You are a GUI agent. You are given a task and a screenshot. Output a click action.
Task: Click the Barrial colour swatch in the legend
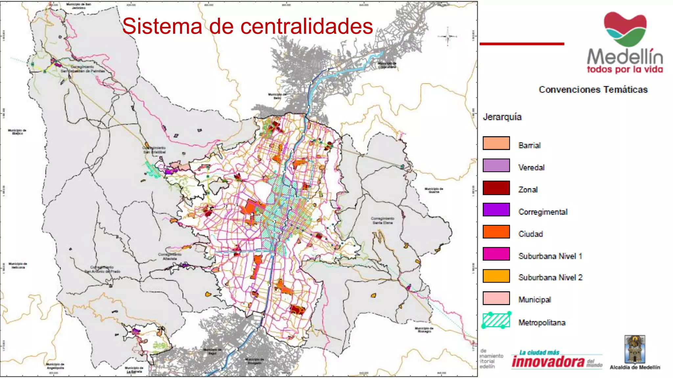coord(496,143)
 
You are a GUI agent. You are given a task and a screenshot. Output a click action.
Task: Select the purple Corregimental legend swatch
coord(496,210)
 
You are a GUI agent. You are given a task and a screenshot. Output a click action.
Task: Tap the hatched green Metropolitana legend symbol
coord(496,320)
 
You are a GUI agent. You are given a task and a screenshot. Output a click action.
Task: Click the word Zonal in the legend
coord(528,190)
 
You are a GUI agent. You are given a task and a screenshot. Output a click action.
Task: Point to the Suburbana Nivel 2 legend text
coord(550,278)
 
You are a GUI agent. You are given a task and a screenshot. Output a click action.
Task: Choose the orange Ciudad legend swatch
coord(496,232)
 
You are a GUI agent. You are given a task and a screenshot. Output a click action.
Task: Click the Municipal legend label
coord(534,300)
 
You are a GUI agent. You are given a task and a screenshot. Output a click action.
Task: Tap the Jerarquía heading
coord(502,117)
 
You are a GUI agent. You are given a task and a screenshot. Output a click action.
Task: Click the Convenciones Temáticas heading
coord(593,90)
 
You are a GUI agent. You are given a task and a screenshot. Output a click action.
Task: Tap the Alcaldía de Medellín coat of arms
coord(635,349)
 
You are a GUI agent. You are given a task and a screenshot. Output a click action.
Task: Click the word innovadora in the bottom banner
coord(548,362)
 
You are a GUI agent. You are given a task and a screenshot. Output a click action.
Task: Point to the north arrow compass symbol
coord(447,36)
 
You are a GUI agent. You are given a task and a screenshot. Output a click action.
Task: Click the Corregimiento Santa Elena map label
coord(383,220)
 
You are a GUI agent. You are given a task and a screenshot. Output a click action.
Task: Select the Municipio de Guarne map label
coord(434,190)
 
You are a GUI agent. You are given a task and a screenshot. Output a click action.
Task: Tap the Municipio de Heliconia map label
coord(18,265)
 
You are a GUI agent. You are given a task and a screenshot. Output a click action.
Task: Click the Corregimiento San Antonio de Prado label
coord(103,269)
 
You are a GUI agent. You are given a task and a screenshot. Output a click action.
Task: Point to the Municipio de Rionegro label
coord(424,330)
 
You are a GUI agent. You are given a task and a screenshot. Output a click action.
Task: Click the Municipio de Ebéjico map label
coord(17,132)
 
